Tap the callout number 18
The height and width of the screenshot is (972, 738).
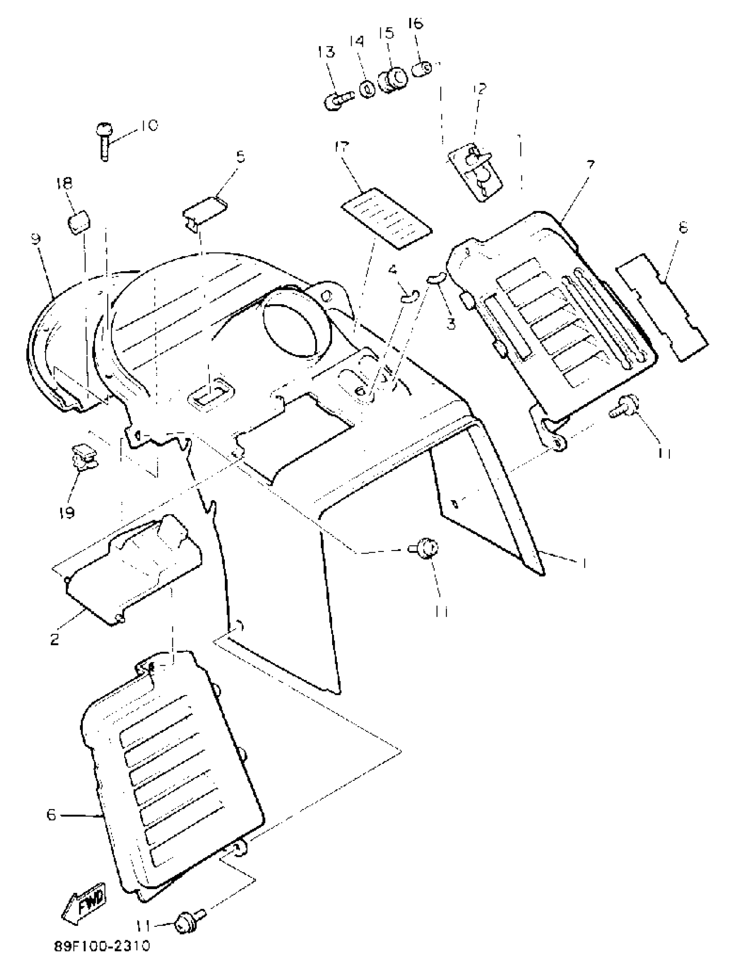64,183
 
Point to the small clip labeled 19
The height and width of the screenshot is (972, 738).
84,457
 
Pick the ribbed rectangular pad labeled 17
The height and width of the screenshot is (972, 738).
386,218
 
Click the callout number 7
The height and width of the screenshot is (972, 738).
590,166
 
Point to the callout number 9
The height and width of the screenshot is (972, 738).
36,239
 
